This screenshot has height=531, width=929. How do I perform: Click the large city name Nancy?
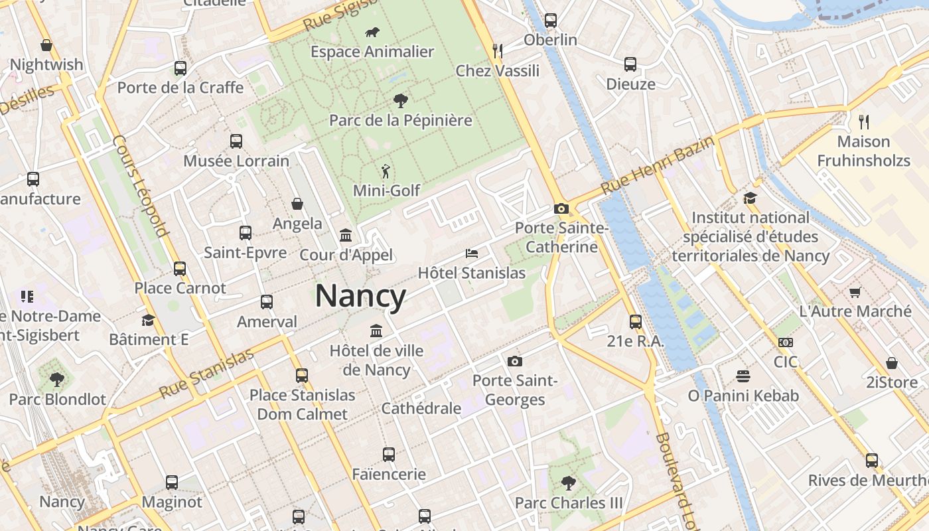360,296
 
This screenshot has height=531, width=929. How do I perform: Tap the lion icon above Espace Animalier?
372,32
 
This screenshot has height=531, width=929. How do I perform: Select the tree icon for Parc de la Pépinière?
400,101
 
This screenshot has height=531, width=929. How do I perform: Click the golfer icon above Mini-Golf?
386,171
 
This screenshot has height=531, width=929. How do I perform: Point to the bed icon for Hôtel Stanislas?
471,254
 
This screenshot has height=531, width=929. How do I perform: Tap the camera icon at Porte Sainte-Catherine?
561,209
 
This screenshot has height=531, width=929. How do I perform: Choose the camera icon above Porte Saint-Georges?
514,362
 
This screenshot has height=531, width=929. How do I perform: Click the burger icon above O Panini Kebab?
743,376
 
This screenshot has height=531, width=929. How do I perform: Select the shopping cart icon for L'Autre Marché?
855,292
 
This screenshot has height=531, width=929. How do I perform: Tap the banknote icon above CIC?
785,342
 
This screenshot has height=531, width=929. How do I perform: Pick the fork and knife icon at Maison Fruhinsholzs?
863,121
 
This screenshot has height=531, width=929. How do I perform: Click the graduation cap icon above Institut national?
750,198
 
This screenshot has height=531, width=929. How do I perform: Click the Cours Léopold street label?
139,187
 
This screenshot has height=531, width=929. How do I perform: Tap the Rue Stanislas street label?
207,373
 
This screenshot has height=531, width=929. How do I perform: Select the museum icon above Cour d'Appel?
346,236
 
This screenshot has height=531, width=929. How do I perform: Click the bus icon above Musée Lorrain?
236,141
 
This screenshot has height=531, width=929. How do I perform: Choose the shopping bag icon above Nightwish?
46,45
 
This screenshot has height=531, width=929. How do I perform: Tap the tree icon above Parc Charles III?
568,483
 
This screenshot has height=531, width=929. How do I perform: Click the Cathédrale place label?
421,408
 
